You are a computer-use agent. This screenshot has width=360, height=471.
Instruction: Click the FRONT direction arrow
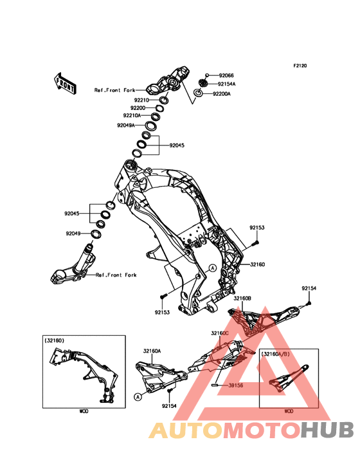click(65, 83)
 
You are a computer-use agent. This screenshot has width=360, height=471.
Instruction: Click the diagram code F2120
click(300, 66)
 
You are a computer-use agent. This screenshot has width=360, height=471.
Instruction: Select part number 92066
click(226, 76)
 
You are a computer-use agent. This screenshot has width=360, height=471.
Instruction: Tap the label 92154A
click(226, 84)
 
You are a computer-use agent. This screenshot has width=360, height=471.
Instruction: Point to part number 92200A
click(222, 94)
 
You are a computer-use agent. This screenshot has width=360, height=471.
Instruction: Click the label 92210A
click(132, 115)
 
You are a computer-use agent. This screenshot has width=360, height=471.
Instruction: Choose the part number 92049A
click(126, 125)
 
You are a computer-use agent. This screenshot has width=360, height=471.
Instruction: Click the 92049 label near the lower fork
click(73, 234)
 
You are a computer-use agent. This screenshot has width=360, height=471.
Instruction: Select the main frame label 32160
click(257, 264)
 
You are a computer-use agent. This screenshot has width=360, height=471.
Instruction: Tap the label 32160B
click(242, 299)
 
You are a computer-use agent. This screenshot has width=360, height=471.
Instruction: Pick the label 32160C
click(220, 333)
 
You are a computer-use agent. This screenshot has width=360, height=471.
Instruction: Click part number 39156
click(235, 385)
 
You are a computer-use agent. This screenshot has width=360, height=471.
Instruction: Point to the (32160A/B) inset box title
click(276, 354)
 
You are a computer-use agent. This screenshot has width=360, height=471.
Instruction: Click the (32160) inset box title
click(54, 340)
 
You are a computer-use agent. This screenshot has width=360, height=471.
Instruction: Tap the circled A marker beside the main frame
click(212, 268)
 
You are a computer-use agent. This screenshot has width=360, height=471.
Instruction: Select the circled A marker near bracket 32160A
click(138, 397)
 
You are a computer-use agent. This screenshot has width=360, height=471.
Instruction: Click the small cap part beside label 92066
click(207, 75)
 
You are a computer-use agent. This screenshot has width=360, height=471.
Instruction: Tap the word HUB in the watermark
click(327, 430)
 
